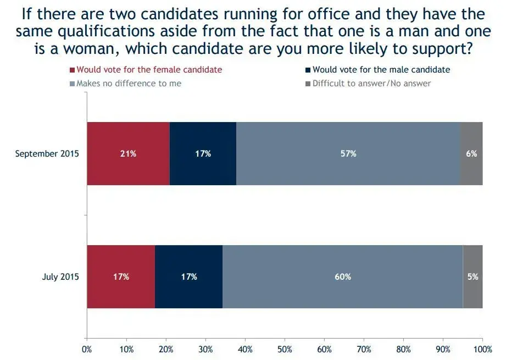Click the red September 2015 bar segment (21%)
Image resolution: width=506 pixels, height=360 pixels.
(x=128, y=154)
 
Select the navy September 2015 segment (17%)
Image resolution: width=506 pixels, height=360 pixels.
(x=203, y=154)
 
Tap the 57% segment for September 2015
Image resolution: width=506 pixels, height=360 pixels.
(x=348, y=154)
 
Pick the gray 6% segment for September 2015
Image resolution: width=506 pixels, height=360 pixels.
(x=471, y=154)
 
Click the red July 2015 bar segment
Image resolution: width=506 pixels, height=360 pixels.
(x=121, y=277)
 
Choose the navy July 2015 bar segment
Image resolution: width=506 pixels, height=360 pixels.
(x=188, y=277)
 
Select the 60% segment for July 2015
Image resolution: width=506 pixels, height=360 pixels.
(x=342, y=277)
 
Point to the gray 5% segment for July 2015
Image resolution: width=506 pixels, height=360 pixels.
(x=472, y=277)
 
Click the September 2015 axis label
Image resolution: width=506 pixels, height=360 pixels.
(x=47, y=154)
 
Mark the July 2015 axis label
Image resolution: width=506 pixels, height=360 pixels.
(x=60, y=277)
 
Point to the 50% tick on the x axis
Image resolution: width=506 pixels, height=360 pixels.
(x=285, y=348)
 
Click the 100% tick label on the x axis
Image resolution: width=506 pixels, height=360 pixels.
(x=482, y=348)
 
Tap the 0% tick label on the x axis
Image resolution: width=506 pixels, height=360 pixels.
(x=87, y=348)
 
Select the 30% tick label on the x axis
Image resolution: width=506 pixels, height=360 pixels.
(x=205, y=348)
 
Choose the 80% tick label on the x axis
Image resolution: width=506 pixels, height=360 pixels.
(x=403, y=348)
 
